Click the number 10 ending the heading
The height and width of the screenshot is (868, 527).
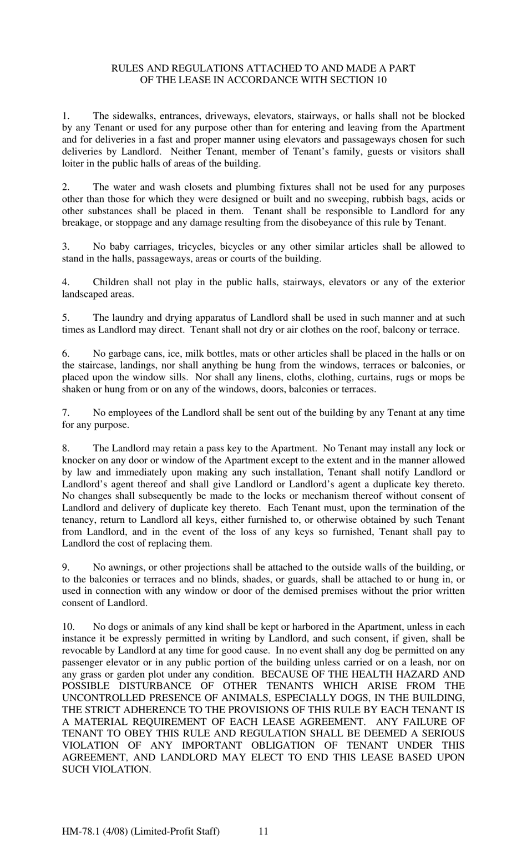click(x=381, y=80)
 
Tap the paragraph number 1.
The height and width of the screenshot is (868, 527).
click(x=65, y=116)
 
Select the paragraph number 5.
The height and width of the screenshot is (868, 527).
click(x=65, y=318)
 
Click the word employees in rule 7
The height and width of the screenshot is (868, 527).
click(x=128, y=413)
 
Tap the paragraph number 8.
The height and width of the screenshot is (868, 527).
click(x=65, y=448)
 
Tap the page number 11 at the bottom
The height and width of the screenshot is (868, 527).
click(x=263, y=831)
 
